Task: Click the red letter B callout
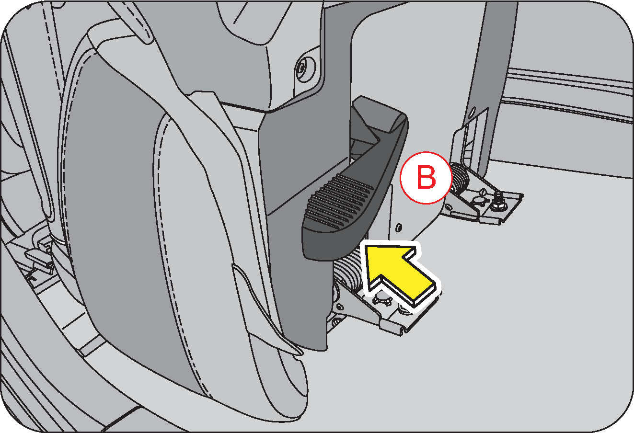click(x=426, y=178)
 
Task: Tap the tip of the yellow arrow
click(x=365, y=246)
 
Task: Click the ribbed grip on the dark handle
click(x=339, y=200)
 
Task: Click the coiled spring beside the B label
click(x=460, y=178)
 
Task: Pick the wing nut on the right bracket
click(x=480, y=198)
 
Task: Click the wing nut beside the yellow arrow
click(x=383, y=300)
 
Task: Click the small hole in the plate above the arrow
click(x=399, y=227)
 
